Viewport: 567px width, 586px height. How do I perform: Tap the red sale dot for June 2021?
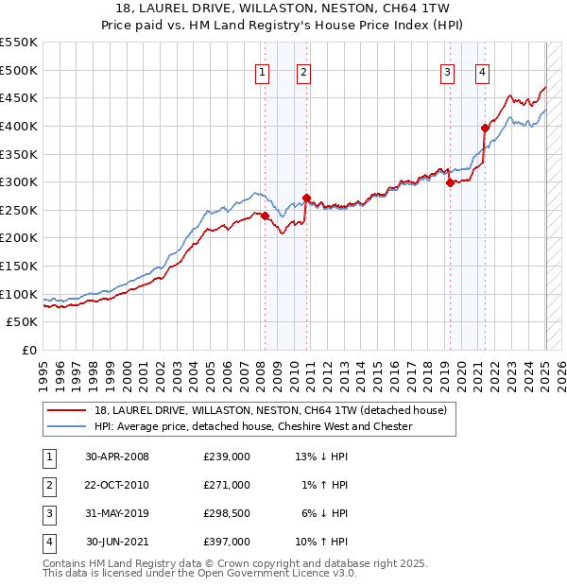(x=485, y=128)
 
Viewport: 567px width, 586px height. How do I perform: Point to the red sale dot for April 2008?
(x=266, y=215)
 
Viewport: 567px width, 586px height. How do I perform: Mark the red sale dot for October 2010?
(x=307, y=198)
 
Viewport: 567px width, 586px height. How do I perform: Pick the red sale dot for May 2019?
(x=450, y=182)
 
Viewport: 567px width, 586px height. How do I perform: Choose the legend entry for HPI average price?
(x=253, y=426)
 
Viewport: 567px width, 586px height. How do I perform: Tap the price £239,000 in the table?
(x=227, y=457)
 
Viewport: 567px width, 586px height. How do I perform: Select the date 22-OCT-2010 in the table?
(x=117, y=485)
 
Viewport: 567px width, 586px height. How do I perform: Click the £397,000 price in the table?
(x=227, y=542)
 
